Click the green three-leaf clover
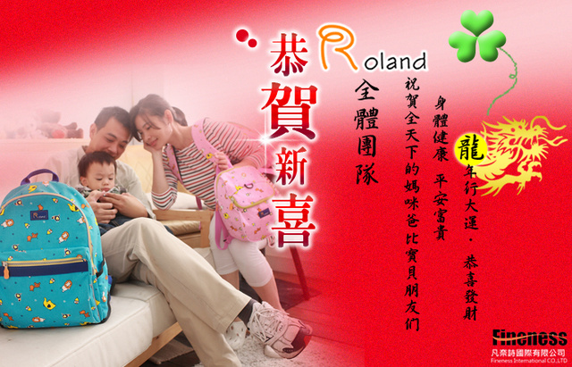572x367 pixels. coord(476,36)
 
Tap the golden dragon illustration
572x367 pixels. coord(522,153)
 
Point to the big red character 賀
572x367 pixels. coord(290,111)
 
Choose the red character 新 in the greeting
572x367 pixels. coord(292,167)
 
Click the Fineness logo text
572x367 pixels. coord(529,338)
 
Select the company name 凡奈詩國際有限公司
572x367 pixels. coord(529,353)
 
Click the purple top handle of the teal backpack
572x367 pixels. coord(39,176)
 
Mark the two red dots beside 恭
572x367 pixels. coord(246,38)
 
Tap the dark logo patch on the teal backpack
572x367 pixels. coord(39,215)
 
